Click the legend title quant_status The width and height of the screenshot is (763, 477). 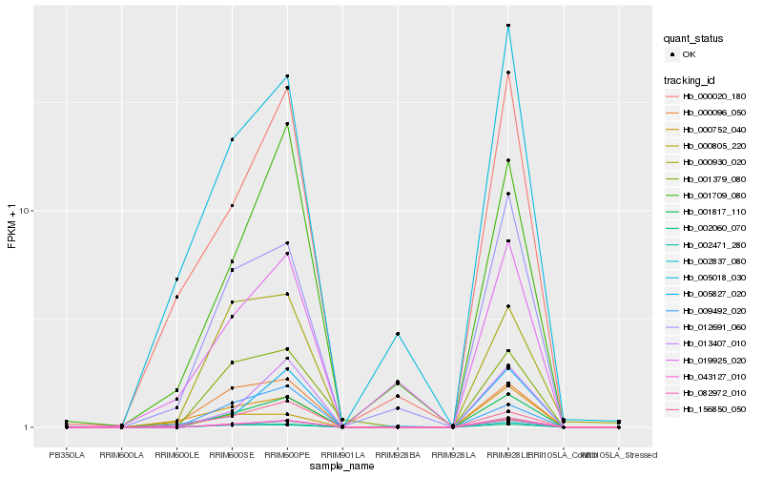(x=693, y=38)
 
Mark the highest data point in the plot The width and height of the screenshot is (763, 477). (x=508, y=26)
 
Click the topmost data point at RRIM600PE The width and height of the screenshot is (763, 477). (x=287, y=76)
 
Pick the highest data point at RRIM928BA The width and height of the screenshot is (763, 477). (x=398, y=334)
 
